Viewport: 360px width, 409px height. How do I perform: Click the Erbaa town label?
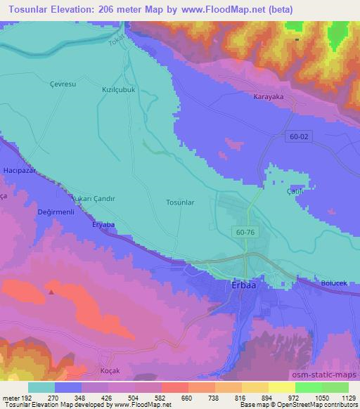coord(244,286)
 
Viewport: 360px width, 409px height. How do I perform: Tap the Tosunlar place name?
coord(179,202)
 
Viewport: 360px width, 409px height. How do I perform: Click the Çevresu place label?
coord(42,83)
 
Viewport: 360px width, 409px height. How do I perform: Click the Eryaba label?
coord(103,225)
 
